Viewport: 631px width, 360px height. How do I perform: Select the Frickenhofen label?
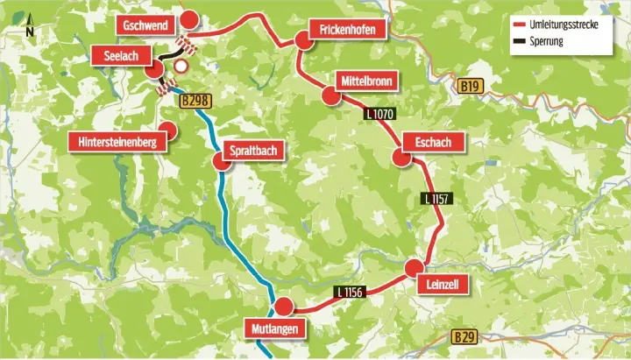tap(348, 31)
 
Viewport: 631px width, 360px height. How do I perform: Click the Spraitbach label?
tap(253, 151)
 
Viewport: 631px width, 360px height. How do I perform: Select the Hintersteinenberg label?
tap(117, 142)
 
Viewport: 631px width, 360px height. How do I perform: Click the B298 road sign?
tap(195, 102)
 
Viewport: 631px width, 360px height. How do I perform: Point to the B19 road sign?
tap(471, 87)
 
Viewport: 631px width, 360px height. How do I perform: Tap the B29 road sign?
tap(466, 336)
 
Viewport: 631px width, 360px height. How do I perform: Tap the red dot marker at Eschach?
tap(401, 158)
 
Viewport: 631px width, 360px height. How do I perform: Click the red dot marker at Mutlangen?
tap(282, 307)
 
